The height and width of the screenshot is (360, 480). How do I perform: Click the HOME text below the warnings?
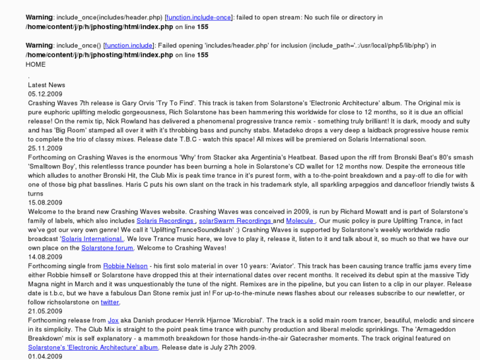coord(36,65)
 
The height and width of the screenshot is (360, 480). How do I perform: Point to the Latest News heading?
coord(46,85)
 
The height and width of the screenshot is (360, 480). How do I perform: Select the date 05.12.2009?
coord(45,94)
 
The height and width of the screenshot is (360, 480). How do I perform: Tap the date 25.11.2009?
coord(45,148)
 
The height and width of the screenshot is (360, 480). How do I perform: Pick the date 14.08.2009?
coord(45,256)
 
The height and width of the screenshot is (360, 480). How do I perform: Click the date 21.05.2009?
coord(45,310)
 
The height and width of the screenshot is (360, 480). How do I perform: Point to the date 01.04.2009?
coord(45,356)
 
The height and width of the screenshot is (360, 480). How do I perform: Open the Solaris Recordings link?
coord(166,220)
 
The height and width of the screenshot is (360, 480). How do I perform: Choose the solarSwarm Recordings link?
coord(236,220)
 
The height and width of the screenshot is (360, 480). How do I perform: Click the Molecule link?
coord(300,220)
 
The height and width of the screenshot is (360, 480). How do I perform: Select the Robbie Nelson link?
coord(125,266)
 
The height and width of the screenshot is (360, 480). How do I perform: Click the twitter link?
coord(110,302)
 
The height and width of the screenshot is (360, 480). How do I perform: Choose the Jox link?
coord(108,320)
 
